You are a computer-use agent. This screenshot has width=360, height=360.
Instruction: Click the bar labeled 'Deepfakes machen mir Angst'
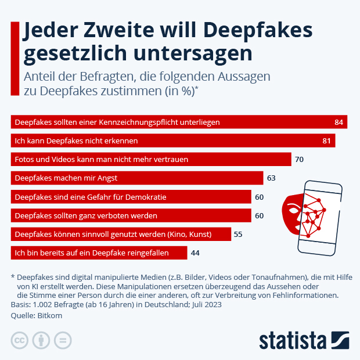(x=136, y=178)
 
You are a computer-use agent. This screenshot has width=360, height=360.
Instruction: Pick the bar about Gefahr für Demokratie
(x=131, y=197)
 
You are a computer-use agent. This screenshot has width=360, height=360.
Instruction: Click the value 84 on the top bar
(x=339, y=122)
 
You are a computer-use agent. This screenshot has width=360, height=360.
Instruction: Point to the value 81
(x=327, y=141)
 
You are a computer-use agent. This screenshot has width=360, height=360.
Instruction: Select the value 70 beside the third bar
(x=300, y=159)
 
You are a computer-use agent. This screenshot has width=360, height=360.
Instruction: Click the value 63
(x=272, y=178)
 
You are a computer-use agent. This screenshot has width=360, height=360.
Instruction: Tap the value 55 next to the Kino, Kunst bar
(x=237, y=234)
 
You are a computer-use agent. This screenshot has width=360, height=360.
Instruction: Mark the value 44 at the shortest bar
(x=196, y=253)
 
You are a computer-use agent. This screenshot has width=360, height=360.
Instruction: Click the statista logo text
(x=293, y=340)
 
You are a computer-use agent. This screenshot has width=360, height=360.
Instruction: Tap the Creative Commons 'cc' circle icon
(x=20, y=340)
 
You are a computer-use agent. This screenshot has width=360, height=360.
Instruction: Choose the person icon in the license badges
(x=41, y=340)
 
